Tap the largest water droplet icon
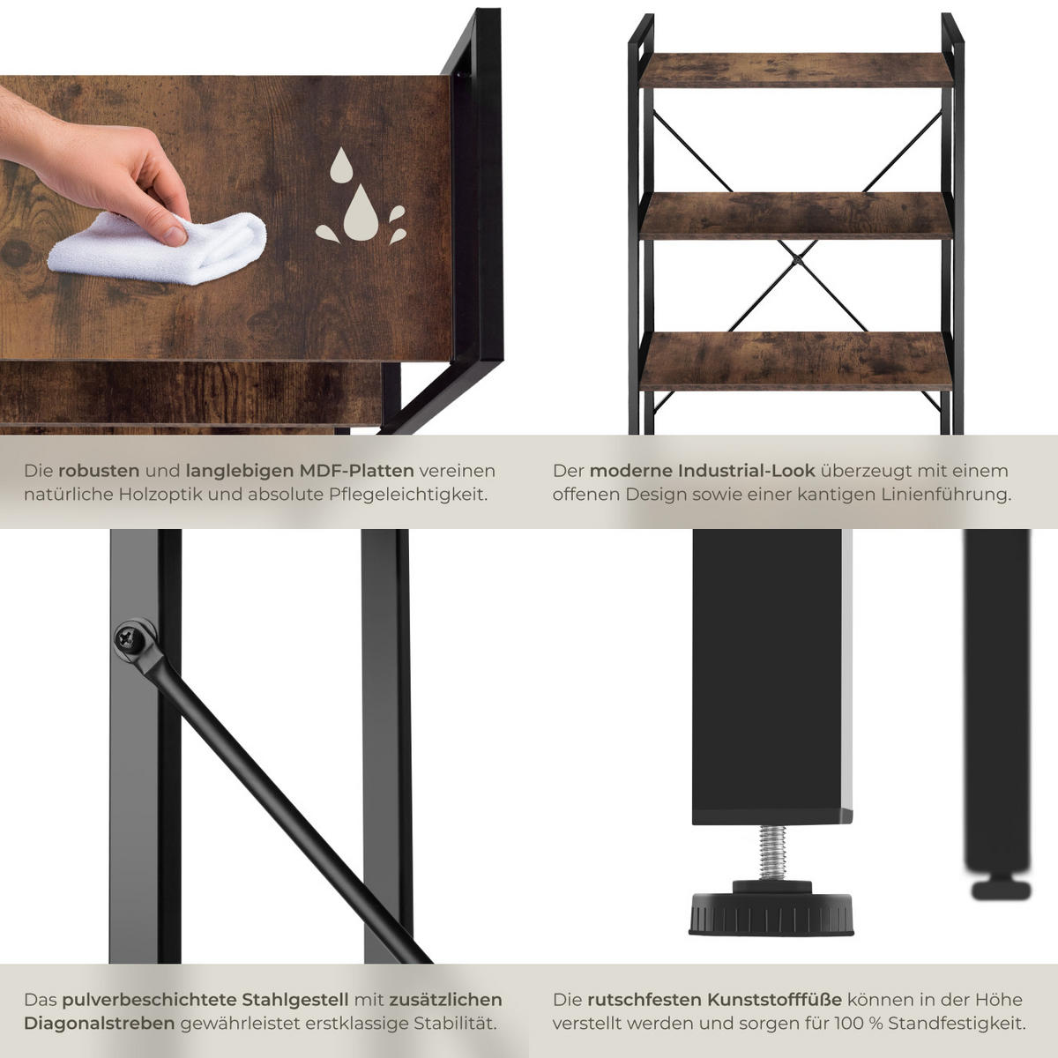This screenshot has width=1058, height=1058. click(361, 212)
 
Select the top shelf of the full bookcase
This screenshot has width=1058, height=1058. click(796, 71)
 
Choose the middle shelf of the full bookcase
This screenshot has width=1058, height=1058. click(796, 215)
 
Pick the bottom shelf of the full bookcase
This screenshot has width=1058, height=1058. click(796, 361)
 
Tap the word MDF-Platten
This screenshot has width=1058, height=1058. click(356, 471)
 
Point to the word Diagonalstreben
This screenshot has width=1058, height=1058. click(100, 1024)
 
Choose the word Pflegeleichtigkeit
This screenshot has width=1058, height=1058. click(408, 495)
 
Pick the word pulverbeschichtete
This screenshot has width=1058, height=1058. click(148, 999)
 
